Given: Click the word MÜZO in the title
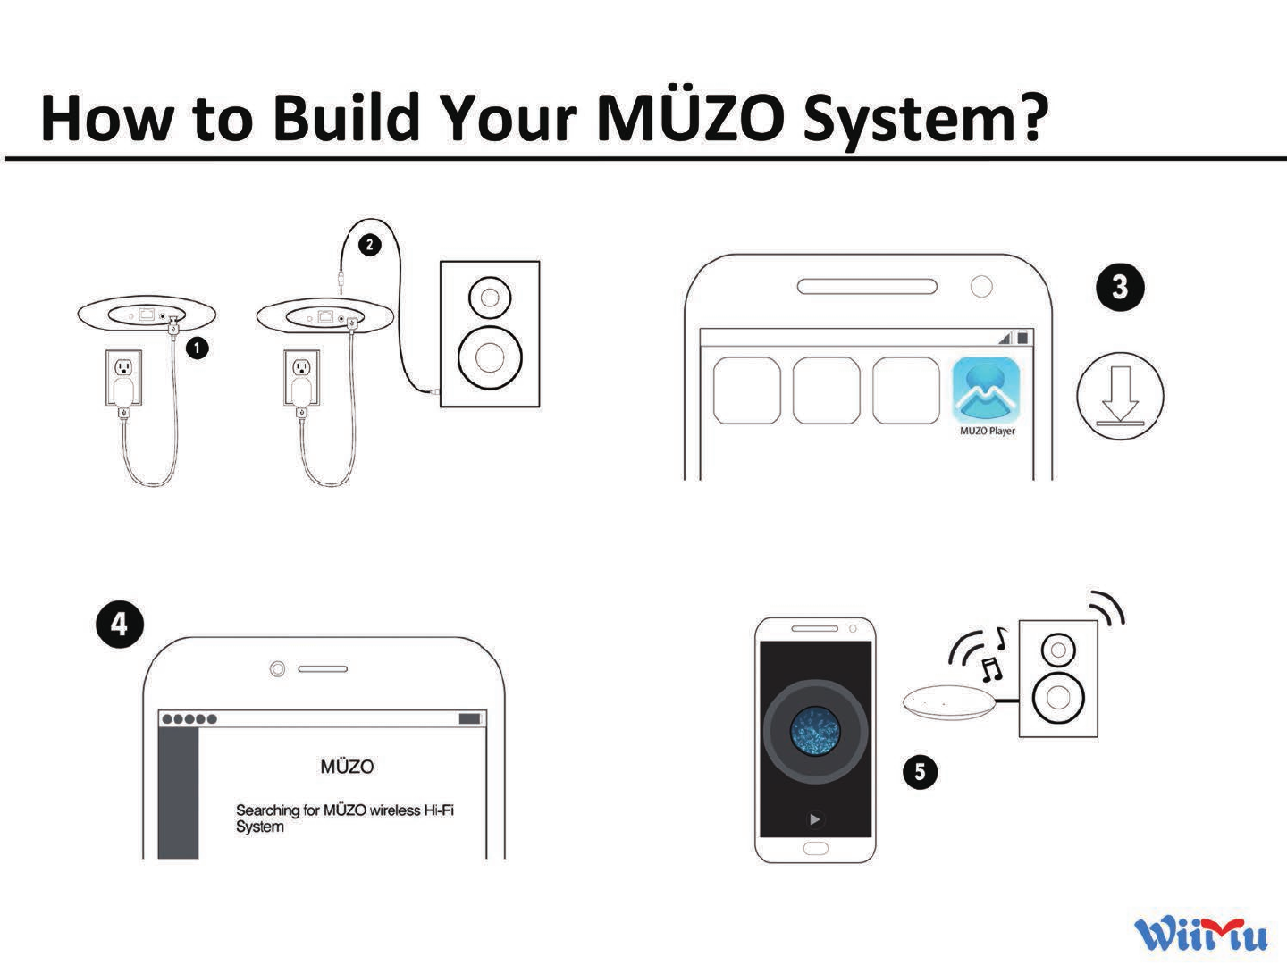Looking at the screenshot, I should [x=690, y=118].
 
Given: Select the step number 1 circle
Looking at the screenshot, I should [x=197, y=347].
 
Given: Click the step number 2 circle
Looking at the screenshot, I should [x=369, y=244].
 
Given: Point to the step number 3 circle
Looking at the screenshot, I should [x=1119, y=288].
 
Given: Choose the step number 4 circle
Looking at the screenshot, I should [x=119, y=624].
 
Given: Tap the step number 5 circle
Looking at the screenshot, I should [x=920, y=772].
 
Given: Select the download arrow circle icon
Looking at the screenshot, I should [x=1119, y=396].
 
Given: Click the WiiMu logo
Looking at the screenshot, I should [x=1200, y=934].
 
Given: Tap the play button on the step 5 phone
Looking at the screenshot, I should [x=814, y=819].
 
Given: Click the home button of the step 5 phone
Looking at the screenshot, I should [x=815, y=849].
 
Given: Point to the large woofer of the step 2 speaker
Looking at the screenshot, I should [x=490, y=357].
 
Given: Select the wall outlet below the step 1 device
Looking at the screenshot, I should [x=124, y=368].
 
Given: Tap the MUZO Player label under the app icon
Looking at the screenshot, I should [x=987, y=431].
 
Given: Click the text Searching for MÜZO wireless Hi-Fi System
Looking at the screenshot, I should [x=344, y=818].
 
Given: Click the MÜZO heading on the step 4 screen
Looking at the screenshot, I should [x=347, y=767].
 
